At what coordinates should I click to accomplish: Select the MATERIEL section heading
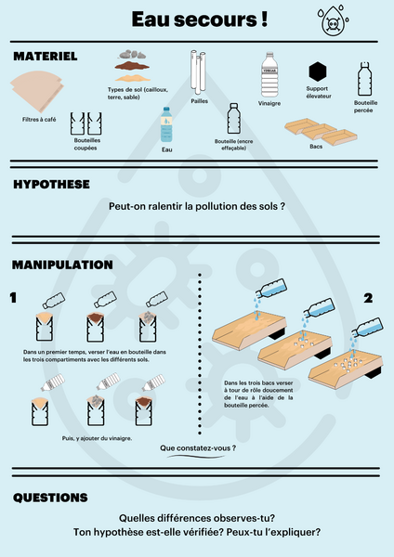click(45, 57)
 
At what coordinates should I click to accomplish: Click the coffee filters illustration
click(38, 93)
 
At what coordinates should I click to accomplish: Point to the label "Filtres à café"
click(39, 120)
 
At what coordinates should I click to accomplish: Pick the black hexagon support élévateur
click(318, 71)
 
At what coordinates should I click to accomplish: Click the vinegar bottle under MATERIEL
click(269, 75)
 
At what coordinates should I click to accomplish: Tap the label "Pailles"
click(199, 101)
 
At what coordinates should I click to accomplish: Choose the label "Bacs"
click(316, 147)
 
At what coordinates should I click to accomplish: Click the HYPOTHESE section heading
click(51, 184)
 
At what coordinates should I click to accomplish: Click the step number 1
click(14, 298)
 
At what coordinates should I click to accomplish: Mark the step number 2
click(369, 298)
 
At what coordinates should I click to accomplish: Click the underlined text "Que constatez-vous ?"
click(198, 447)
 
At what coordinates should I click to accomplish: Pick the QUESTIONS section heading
click(51, 499)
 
